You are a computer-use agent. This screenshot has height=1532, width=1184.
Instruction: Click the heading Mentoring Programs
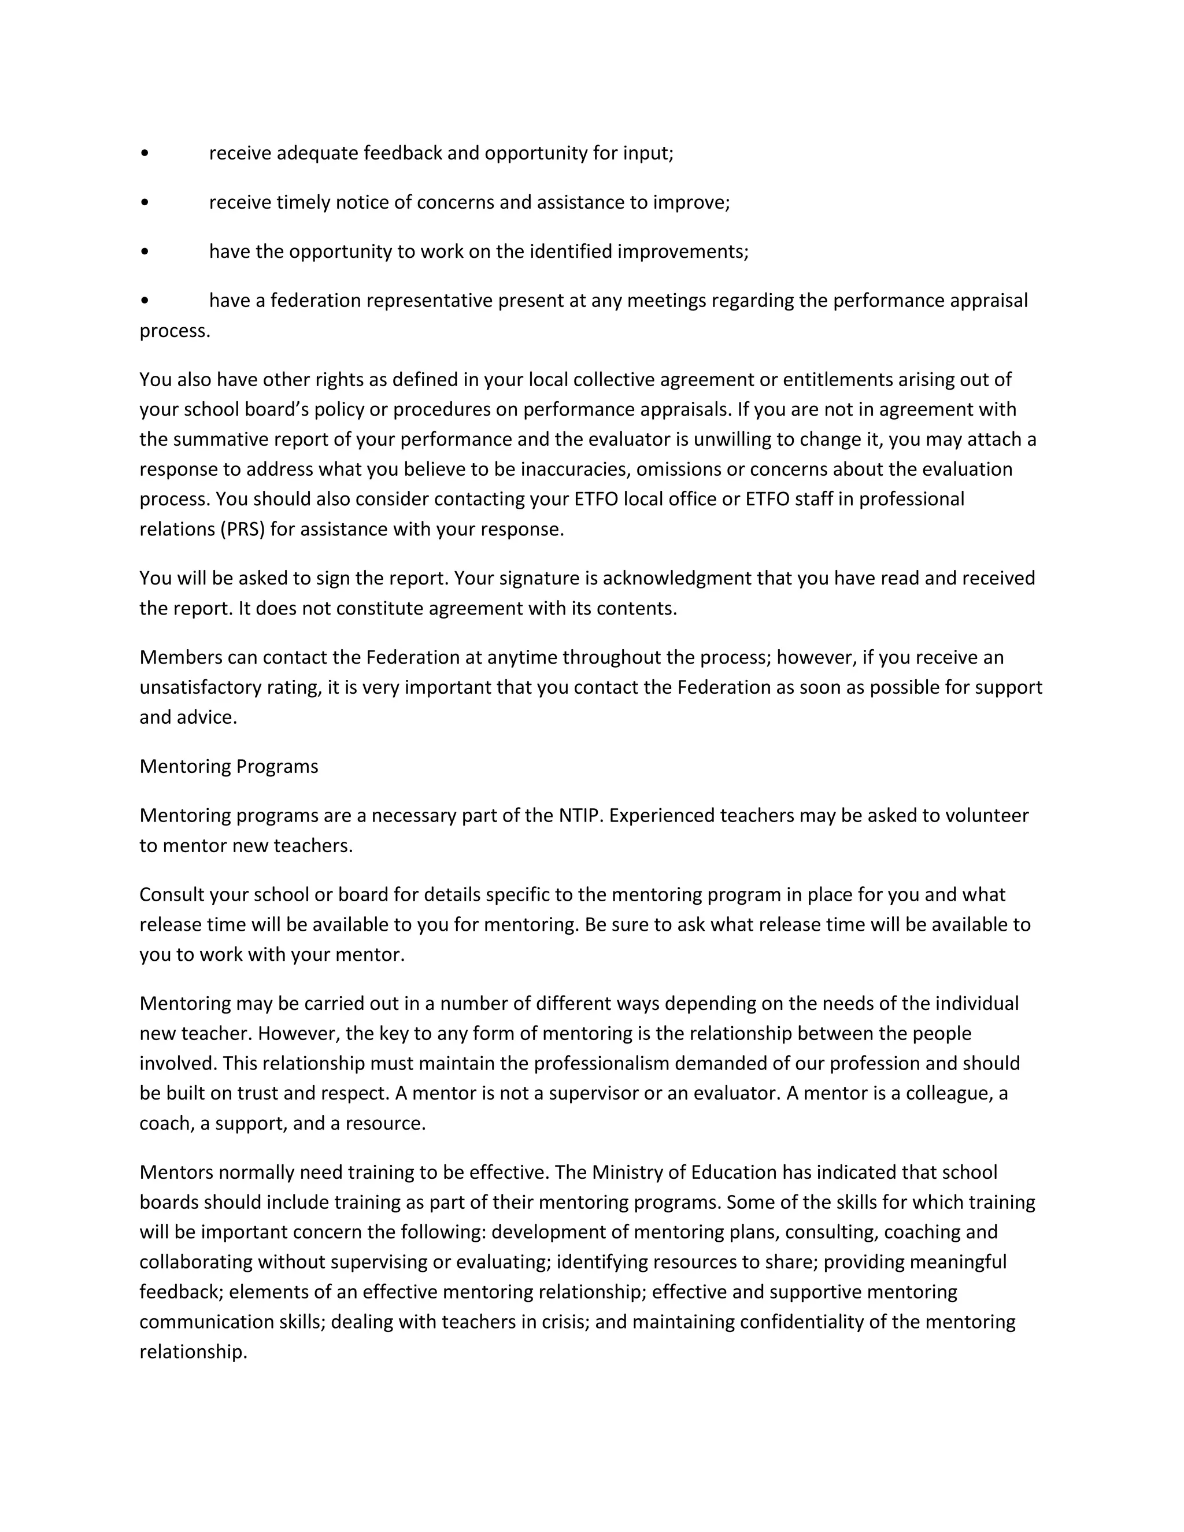click(229, 766)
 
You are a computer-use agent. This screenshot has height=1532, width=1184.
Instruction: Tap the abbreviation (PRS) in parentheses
click(243, 529)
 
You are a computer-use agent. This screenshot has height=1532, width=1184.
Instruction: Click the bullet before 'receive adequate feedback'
click(145, 154)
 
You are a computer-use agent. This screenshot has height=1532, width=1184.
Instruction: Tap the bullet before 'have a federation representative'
click(145, 301)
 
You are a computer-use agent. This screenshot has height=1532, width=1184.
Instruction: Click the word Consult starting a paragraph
click(171, 894)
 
